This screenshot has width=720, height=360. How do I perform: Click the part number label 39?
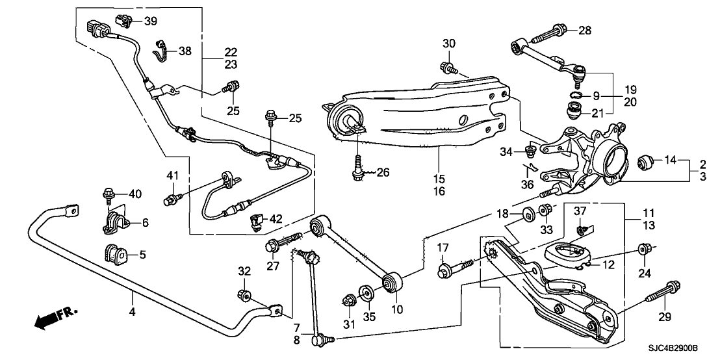click(x=151, y=21)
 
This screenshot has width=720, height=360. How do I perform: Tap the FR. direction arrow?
click(x=55, y=317)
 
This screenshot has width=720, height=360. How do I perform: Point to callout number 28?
click(x=585, y=30)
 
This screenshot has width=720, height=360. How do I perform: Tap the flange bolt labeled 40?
click(x=108, y=194)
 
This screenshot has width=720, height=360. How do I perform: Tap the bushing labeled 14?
click(x=646, y=160)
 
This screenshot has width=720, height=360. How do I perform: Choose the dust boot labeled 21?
click(x=574, y=112)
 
